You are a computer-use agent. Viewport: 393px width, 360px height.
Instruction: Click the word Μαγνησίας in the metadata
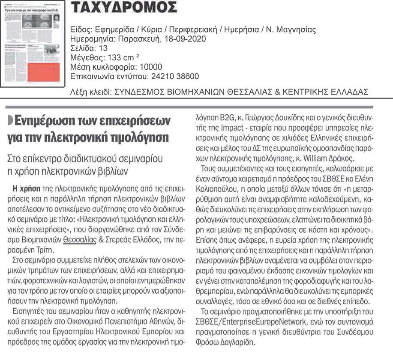295,30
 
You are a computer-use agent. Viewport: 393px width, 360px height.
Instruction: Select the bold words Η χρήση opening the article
27,188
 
